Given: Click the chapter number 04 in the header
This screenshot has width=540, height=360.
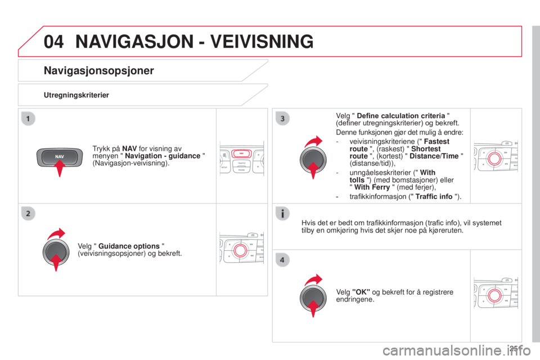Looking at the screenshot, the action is (x=54, y=41).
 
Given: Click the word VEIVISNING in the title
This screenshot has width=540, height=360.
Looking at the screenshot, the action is (x=262, y=41).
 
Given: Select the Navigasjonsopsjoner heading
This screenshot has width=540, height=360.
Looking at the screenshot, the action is (x=99, y=71).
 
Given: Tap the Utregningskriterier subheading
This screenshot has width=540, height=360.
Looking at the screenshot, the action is (x=76, y=95).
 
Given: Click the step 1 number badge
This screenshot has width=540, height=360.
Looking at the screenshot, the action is (x=28, y=119).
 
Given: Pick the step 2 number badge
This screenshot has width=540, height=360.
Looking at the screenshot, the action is (x=28, y=214).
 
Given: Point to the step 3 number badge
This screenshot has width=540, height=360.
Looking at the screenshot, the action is (x=282, y=119).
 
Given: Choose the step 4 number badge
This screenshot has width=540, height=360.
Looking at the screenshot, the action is (x=282, y=260).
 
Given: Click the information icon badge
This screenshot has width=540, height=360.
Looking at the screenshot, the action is (x=282, y=214).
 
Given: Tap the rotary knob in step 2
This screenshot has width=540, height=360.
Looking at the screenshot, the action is (x=56, y=253).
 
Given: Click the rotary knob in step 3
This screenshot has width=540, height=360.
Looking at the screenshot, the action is (x=313, y=160).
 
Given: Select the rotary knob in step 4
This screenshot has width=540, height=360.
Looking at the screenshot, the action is (x=313, y=298).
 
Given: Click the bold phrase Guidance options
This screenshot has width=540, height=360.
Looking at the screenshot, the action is (x=129, y=246).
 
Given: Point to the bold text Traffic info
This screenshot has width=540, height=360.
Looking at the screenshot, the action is (x=434, y=196).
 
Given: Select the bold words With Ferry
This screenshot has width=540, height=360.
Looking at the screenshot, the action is (x=372, y=187).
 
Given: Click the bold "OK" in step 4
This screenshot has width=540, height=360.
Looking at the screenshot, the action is (x=361, y=292).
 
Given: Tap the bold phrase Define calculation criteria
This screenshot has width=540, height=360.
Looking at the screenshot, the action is (x=401, y=116).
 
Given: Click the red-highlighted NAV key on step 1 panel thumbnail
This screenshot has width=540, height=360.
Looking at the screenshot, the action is (x=241, y=154).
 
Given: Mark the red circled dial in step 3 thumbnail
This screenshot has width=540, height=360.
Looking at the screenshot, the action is (x=494, y=159).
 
